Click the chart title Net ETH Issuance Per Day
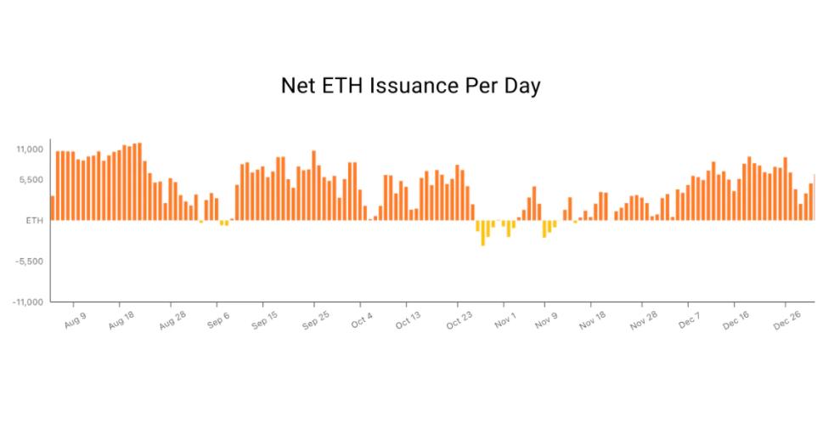(410, 87)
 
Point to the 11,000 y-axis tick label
(29, 149)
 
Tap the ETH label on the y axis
(34, 221)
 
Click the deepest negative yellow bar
(483, 234)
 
